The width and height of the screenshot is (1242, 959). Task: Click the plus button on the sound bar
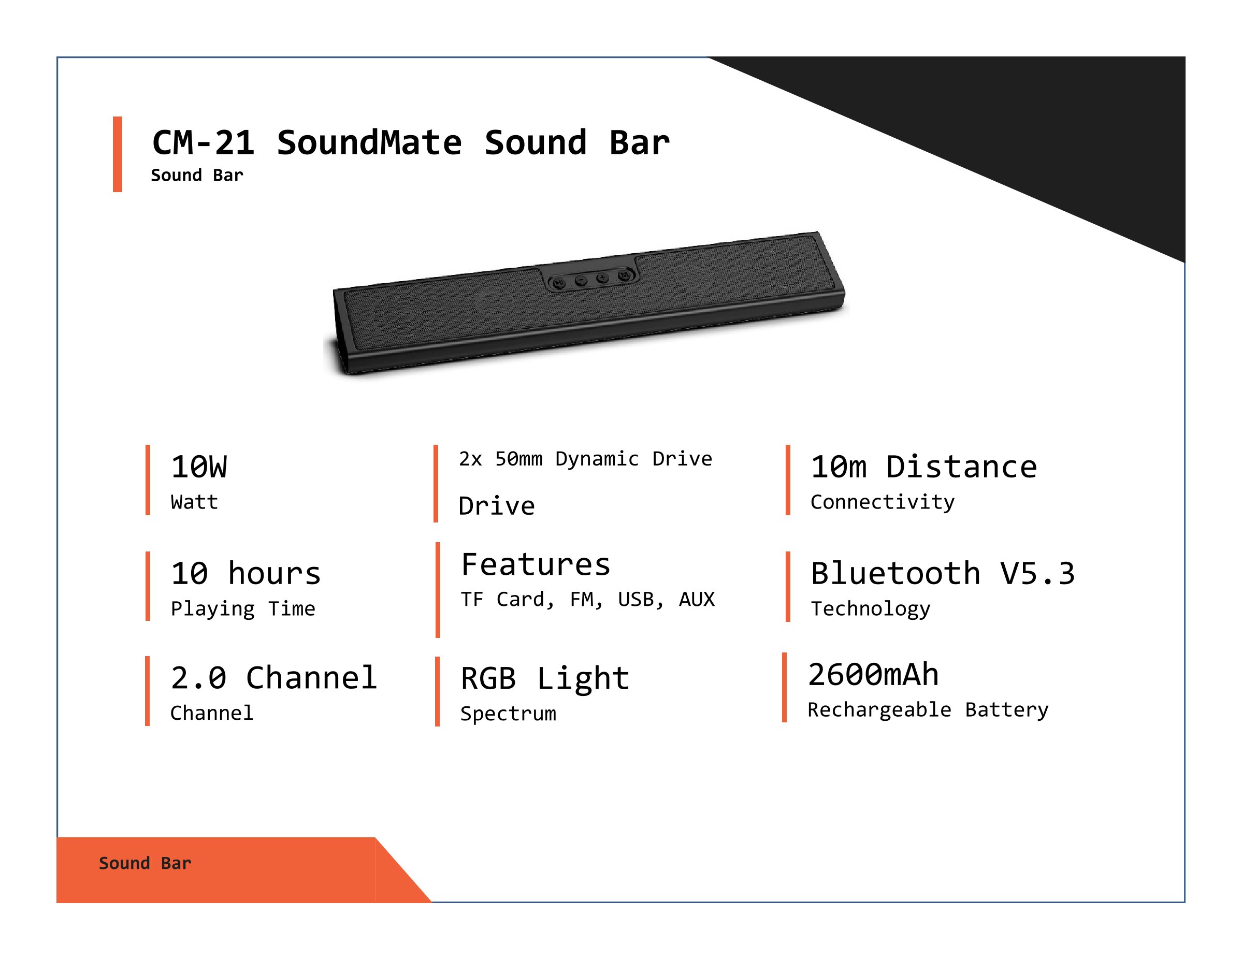tap(603, 278)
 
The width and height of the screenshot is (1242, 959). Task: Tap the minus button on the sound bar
tap(581, 280)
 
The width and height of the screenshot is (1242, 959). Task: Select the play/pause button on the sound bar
tap(559, 283)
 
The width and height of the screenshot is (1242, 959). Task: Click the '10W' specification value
tap(199, 467)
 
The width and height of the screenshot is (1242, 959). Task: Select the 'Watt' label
tap(195, 502)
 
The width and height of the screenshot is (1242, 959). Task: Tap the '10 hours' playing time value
tap(245, 573)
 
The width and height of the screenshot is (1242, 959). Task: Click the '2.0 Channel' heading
tap(273, 678)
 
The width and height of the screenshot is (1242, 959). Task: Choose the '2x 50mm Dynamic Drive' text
tap(585, 459)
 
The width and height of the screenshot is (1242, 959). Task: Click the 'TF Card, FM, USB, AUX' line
tap(587, 599)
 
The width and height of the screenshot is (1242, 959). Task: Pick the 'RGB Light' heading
tap(545, 679)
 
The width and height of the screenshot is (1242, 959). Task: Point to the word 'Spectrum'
tap(509, 714)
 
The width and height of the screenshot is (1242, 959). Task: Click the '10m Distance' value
tap(924, 467)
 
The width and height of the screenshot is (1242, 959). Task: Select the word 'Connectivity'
tap(883, 502)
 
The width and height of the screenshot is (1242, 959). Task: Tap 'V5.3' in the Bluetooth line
tap(1037, 573)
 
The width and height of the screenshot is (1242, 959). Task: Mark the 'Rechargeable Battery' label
tap(928, 710)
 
